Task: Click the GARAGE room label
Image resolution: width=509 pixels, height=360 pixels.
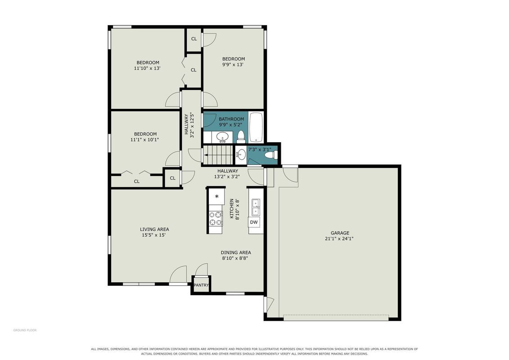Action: pyautogui.click(x=340, y=233)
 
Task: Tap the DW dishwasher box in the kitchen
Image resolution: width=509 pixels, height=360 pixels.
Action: pyautogui.click(x=254, y=222)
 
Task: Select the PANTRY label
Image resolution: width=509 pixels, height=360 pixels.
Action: pyautogui.click(x=201, y=285)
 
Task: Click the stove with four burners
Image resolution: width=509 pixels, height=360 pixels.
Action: pyautogui.click(x=216, y=218)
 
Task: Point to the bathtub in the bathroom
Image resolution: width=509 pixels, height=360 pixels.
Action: pyautogui.click(x=256, y=127)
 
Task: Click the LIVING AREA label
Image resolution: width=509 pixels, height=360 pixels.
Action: pyautogui.click(x=154, y=229)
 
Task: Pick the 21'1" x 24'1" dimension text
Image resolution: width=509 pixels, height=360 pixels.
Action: pyautogui.click(x=339, y=238)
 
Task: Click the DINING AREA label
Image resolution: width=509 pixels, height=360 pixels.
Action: pyautogui.click(x=236, y=252)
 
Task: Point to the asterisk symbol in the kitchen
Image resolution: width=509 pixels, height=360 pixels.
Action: pyautogui.click(x=217, y=196)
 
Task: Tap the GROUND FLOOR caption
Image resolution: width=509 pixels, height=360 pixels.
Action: pyautogui.click(x=25, y=330)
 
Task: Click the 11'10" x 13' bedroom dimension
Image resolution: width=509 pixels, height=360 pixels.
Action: pyautogui.click(x=147, y=68)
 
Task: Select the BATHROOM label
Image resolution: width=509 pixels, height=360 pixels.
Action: pyautogui.click(x=231, y=119)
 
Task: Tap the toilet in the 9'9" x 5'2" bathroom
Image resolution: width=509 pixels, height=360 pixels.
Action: pyautogui.click(x=241, y=137)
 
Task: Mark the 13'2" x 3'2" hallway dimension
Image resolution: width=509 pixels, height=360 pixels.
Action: pyautogui.click(x=227, y=177)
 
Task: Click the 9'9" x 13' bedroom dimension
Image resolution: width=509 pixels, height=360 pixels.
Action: pyautogui.click(x=233, y=65)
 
